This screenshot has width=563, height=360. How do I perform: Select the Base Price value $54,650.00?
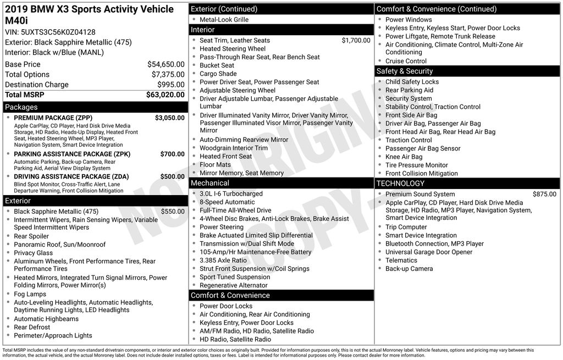point(165,64)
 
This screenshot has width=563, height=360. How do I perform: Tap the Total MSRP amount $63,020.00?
point(165,95)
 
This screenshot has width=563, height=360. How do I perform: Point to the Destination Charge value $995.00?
point(170,85)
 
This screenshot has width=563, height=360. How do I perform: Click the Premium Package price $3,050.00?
point(169,118)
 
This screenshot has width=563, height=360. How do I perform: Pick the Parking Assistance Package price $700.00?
point(172,154)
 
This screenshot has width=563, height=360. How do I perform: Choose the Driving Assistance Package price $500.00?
point(172,176)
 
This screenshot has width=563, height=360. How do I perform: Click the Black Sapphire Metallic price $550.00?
point(173,212)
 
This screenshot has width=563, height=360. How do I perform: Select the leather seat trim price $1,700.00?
point(356,40)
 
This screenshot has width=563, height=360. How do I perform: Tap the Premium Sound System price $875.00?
point(544,194)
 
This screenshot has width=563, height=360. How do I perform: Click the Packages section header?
point(21,107)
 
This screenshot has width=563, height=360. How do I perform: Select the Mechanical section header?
point(209,183)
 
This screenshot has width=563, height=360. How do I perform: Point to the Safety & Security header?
point(404,71)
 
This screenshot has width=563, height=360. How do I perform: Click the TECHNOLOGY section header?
point(400,184)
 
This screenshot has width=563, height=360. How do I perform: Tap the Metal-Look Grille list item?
point(224,19)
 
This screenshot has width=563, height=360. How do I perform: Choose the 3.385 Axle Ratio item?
point(223,261)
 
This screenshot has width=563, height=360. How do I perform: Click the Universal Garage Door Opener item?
point(429,252)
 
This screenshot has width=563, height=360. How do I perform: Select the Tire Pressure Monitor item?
point(416,165)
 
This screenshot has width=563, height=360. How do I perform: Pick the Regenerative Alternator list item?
point(233,285)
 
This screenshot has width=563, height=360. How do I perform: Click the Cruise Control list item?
point(406,61)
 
